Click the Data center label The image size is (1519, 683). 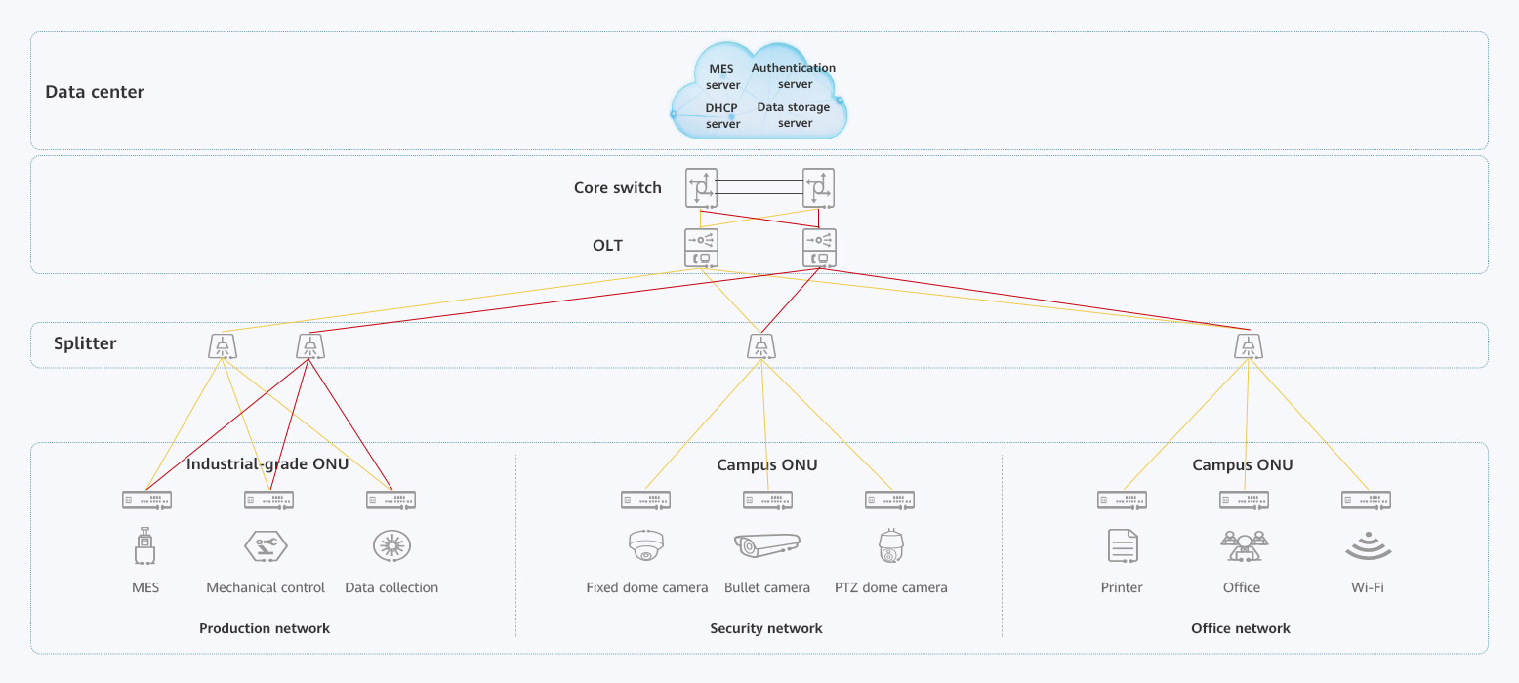click(x=95, y=92)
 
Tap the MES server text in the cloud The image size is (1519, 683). click(x=722, y=77)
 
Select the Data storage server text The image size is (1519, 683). click(x=794, y=115)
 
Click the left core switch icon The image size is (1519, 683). click(x=701, y=187)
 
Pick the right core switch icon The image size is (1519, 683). click(x=818, y=187)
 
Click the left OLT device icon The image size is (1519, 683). click(x=701, y=249)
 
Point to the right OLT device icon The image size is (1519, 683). click(x=818, y=249)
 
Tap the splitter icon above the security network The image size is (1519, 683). click(x=761, y=345)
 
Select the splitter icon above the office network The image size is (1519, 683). click(x=1246, y=345)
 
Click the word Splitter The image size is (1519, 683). click(x=86, y=343)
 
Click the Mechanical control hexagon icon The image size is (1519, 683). click(x=266, y=545)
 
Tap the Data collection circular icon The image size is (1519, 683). click(x=391, y=545)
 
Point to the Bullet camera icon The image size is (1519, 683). click(x=766, y=545)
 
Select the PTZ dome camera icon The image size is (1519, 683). click(x=890, y=546)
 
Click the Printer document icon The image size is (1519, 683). click(x=1123, y=545)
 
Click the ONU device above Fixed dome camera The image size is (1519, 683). click(x=645, y=501)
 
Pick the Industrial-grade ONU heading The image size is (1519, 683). click(x=267, y=464)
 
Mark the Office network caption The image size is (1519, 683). click(x=1241, y=628)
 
